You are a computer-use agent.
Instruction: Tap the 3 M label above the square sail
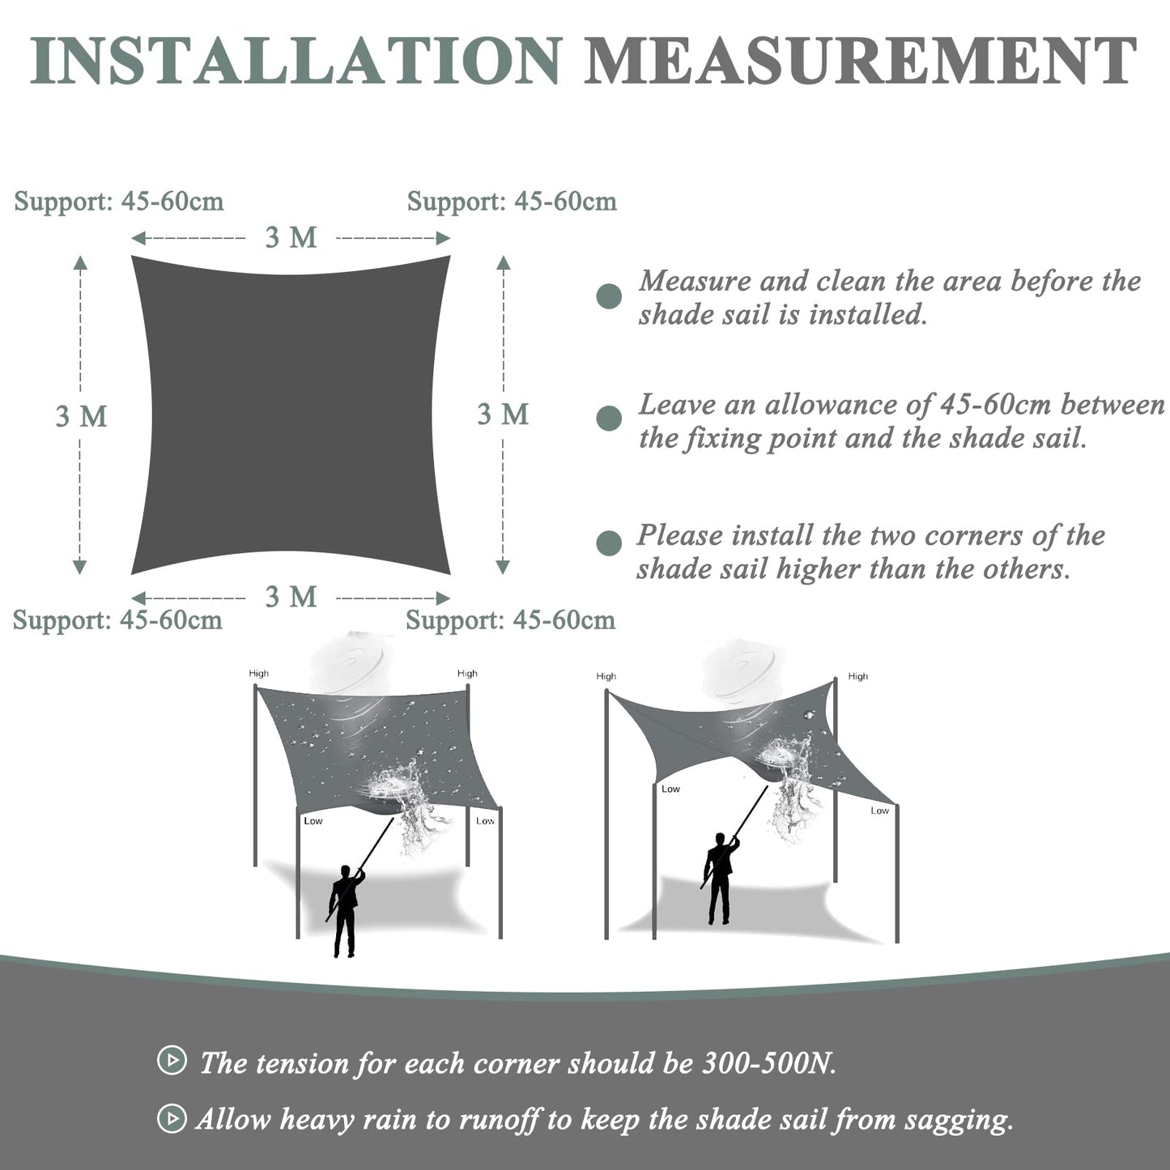tap(291, 237)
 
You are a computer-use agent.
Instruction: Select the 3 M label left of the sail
tap(81, 416)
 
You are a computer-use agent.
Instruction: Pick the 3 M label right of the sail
tap(503, 415)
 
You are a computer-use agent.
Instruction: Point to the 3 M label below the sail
tap(291, 598)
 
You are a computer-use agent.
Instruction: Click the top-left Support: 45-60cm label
tap(119, 202)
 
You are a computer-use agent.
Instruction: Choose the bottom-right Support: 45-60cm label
tap(510, 621)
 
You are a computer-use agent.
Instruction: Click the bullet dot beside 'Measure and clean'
tap(609, 296)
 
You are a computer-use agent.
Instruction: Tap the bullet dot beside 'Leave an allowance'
tap(609, 419)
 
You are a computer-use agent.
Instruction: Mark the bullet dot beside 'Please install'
tap(609, 543)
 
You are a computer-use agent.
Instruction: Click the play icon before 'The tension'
tap(172, 1060)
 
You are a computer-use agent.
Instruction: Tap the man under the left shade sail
tap(344, 911)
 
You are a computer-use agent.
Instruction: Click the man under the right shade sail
tap(718, 879)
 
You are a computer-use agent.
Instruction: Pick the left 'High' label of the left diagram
tap(259, 674)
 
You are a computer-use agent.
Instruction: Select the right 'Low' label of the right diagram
tap(879, 810)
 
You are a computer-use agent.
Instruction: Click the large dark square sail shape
tap(291, 415)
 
